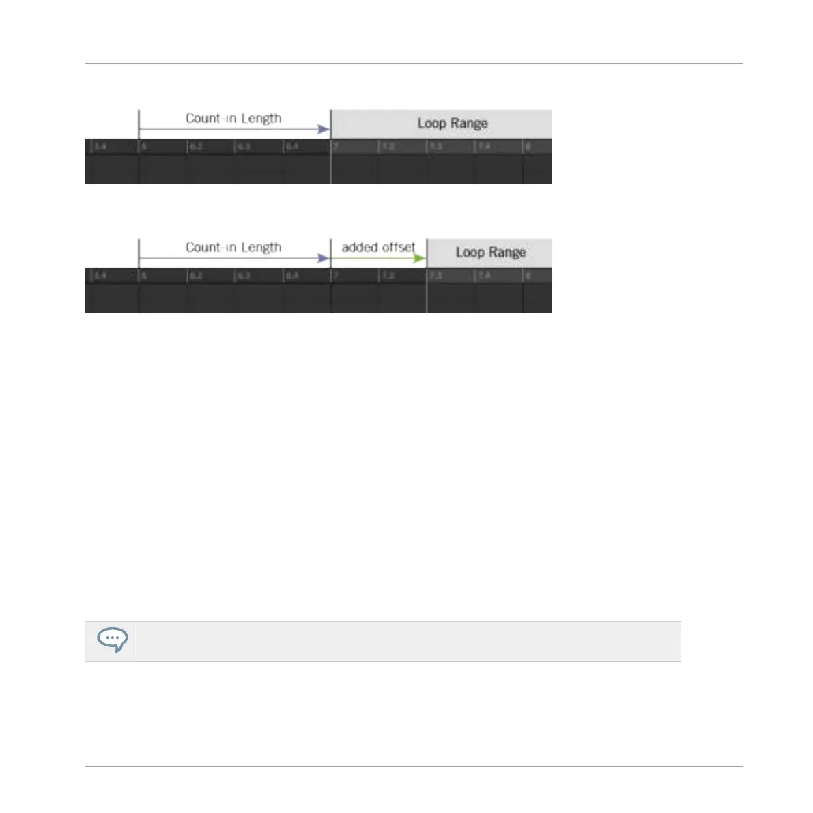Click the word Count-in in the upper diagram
click(208, 118)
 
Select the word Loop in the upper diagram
click(431, 124)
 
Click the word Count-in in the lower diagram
click(208, 247)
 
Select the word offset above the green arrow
click(398, 247)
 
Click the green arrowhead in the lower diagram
click(420, 259)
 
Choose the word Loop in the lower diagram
click(470, 253)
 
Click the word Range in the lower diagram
click(507, 253)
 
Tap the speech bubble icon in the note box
click(112, 640)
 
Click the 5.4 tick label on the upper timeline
click(100, 147)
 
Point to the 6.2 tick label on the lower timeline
click(196, 276)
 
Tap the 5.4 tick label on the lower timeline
click(100, 276)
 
